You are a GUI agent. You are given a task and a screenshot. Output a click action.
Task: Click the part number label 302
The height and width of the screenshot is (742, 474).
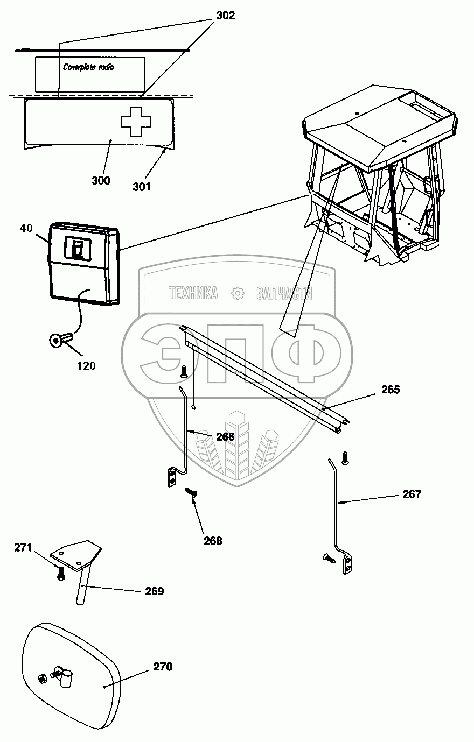point(225,16)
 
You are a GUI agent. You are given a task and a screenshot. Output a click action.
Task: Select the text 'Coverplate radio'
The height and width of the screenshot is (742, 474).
point(88,68)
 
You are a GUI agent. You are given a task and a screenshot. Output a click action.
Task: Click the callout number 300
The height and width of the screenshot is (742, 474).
point(101,180)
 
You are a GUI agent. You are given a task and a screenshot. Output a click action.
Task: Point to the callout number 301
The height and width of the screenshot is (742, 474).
point(142,187)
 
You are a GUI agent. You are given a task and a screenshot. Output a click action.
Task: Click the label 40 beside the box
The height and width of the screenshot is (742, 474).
point(26,228)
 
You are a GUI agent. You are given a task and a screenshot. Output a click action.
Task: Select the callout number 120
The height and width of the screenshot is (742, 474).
point(86,366)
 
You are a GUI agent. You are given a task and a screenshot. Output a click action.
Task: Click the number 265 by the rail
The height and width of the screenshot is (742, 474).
point(391,390)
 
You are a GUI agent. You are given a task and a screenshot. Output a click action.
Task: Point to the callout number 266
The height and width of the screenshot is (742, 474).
point(225,436)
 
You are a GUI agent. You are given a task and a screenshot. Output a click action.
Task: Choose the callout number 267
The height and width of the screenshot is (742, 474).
point(412,494)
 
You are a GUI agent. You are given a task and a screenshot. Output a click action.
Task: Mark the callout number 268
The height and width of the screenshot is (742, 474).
point(213,541)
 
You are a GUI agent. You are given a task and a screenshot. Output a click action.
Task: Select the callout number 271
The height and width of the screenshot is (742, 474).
point(24,548)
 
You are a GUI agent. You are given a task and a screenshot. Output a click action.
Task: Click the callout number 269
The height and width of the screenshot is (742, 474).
point(154,591)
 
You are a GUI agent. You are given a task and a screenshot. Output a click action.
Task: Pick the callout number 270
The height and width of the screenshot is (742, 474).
point(163,667)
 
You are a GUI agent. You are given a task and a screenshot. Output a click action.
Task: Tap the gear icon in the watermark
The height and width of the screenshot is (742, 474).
point(237,293)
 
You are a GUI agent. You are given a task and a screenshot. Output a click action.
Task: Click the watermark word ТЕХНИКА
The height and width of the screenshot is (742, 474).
point(193,293)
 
